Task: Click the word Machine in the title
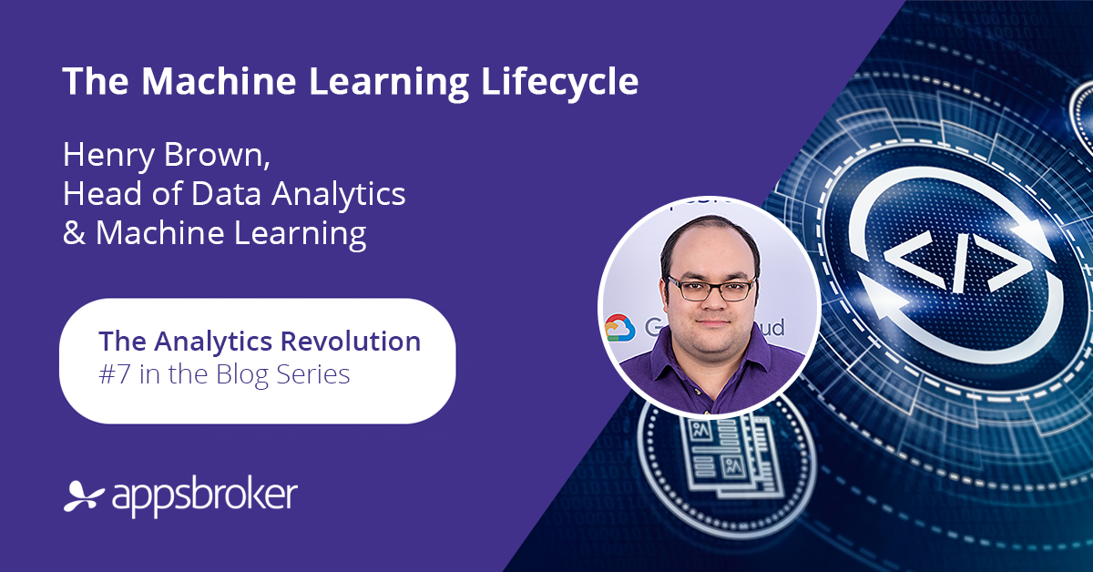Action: click(220, 81)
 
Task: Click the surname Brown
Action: click(217, 155)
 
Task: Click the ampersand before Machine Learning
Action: click(74, 232)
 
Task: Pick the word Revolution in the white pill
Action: click(351, 341)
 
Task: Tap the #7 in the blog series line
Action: click(115, 374)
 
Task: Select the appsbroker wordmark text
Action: click(205, 496)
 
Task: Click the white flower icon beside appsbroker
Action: click(84, 495)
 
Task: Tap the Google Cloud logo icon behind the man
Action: click(619, 328)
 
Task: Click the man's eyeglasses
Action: click(711, 289)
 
